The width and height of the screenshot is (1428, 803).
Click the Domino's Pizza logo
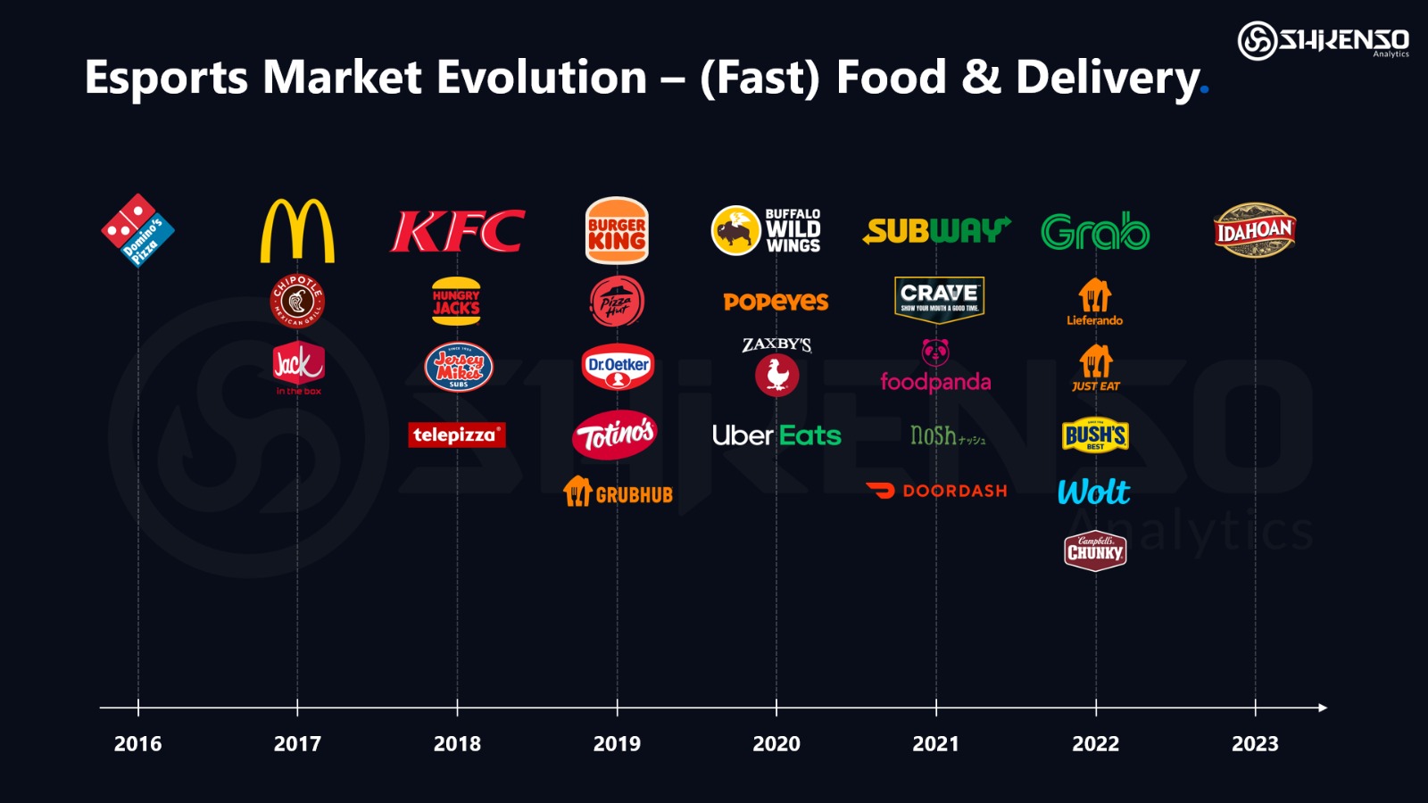point(137,230)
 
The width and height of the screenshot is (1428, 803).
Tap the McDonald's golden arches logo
point(297,231)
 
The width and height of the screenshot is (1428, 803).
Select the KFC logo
point(458,232)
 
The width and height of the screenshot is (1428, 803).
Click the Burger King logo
point(617,231)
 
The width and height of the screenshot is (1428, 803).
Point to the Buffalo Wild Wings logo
point(766,230)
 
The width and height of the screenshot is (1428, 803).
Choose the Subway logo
point(936,231)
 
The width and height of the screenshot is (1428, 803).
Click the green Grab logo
point(1095,232)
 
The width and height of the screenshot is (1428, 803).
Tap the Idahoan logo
point(1254,230)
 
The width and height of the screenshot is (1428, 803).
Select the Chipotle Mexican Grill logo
point(297,301)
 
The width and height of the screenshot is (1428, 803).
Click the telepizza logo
point(457,435)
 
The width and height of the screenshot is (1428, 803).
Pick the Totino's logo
point(616,435)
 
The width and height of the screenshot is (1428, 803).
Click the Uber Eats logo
point(776,435)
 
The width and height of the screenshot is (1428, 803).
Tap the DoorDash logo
point(936,491)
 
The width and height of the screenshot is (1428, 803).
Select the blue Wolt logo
point(1094,492)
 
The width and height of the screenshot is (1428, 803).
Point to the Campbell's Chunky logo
point(1095,551)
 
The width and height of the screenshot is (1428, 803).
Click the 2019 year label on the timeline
point(617,743)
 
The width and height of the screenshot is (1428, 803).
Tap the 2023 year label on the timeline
point(1255,743)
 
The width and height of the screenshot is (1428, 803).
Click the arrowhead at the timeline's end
point(1323,708)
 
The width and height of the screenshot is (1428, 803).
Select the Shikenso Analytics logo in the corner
point(1324,40)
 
